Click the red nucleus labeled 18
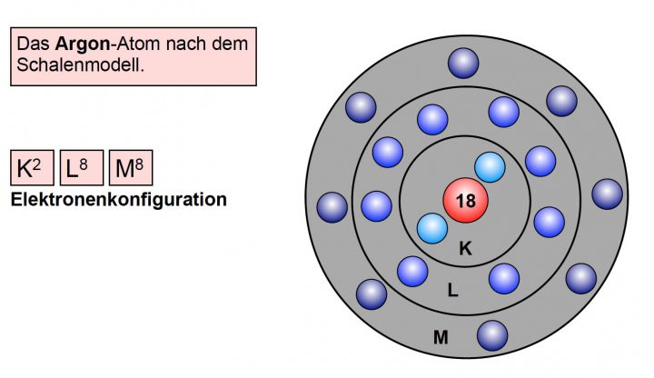click(465, 201)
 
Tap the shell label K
click(465, 248)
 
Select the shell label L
click(452, 291)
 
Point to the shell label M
click(441, 338)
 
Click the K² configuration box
click(32, 168)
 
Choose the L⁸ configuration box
click(80, 168)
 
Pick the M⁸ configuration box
click(129, 168)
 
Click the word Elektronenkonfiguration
click(118, 199)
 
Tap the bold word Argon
click(80, 44)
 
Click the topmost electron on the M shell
click(464, 63)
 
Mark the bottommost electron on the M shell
click(492, 335)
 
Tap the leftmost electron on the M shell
click(332, 207)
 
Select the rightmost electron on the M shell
click(607, 193)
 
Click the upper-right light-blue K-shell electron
click(490, 167)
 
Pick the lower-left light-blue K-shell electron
click(432, 229)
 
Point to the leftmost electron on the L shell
click(376, 205)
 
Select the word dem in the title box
click(232, 44)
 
